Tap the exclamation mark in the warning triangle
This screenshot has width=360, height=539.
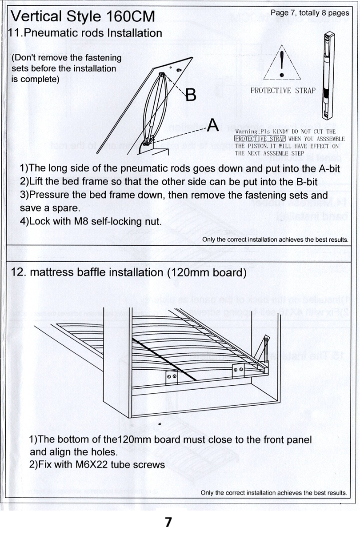[x=282, y=63]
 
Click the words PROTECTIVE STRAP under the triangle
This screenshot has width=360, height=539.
[x=283, y=91]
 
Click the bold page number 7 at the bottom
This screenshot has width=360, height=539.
[x=168, y=522]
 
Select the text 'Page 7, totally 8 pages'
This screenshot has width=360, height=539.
[x=310, y=13]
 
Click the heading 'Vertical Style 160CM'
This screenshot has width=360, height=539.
[x=83, y=17]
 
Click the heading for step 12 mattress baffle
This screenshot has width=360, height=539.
[x=128, y=272]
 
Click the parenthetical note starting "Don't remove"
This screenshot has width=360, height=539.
[x=66, y=68]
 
